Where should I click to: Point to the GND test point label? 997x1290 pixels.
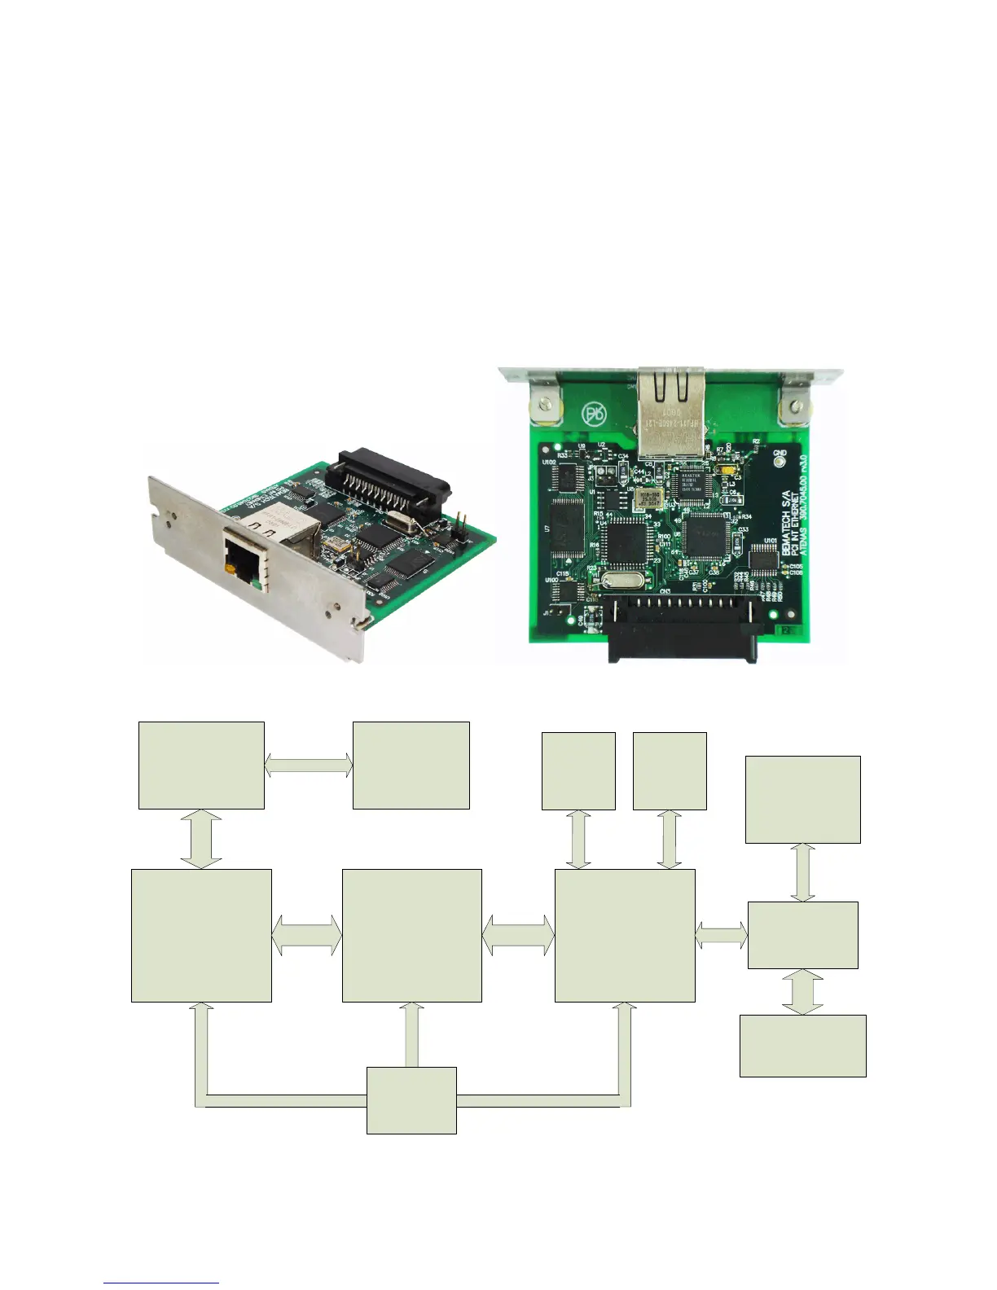(780, 453)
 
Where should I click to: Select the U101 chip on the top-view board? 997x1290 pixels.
(764, 555)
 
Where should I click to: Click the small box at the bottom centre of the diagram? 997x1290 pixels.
(411, 1099)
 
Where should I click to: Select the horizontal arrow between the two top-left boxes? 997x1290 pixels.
(308, 765)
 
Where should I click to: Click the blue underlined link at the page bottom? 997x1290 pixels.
(161, 1283)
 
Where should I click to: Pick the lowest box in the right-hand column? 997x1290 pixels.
(802, 1046)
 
